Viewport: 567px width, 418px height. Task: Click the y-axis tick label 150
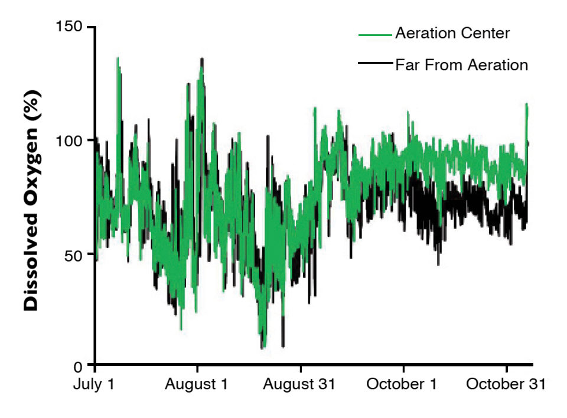click(70, 27)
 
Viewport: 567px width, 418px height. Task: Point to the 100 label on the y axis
click(70, 141)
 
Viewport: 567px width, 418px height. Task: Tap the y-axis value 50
click(74, 254)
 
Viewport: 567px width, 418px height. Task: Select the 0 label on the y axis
click(82, 365)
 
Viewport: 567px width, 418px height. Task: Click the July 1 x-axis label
click(94, 385)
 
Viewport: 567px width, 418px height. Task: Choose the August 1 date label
click(197, 385)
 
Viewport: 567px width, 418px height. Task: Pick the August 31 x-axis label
click(299, 385)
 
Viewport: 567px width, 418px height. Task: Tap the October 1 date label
click(402, 385)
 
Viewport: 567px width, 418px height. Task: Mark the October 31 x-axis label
click(506, 385)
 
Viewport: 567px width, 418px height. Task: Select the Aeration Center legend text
click(452, 34)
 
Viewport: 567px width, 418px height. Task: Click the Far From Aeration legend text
click(461, 64)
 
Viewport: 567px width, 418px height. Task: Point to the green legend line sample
click(375, 35)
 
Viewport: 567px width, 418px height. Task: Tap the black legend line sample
click(375, 63)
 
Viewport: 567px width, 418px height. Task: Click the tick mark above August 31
click(300, 368)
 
